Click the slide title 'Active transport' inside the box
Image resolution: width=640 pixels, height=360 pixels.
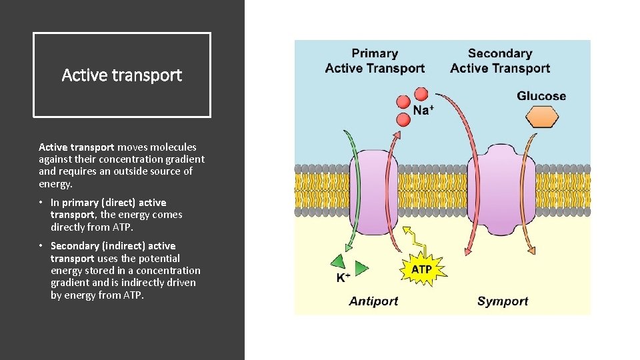(x=121, y=75)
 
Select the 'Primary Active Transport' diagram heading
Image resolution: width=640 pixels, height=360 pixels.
(x=375, y=61)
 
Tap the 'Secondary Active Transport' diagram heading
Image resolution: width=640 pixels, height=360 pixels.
(x=500, y=61)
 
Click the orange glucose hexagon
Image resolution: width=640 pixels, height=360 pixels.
(x=541, y=118)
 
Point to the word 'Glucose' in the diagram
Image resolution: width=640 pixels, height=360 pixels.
(x=541, y=96)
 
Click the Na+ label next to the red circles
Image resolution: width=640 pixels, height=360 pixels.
(x=423, y=111)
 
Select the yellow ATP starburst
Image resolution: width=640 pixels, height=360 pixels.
(x=421, y=269)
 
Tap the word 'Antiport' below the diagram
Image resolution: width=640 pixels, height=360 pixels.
(x=373, y=301)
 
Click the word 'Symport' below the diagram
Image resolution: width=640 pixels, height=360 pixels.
(x=502, y=301)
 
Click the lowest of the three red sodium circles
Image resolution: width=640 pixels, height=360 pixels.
(x=403, y=120)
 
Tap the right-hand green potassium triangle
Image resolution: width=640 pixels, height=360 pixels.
(x=361, y=268)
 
